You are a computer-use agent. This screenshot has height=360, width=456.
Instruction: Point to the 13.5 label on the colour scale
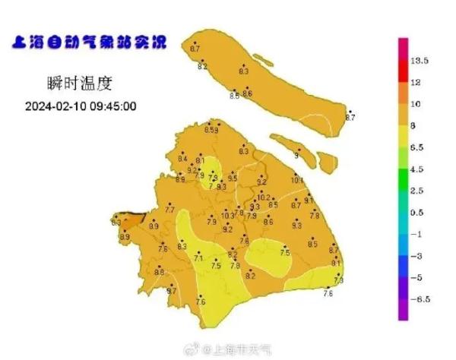(421, 59)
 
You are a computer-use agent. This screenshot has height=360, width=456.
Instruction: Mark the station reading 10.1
(297, 181)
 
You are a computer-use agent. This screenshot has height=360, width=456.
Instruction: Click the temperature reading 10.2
(263, 197)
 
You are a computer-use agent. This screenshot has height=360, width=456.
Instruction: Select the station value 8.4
(182, 159)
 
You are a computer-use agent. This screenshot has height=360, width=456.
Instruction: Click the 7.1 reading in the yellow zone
(199, 259)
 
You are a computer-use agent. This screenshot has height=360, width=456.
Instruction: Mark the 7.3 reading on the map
(339, 281)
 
